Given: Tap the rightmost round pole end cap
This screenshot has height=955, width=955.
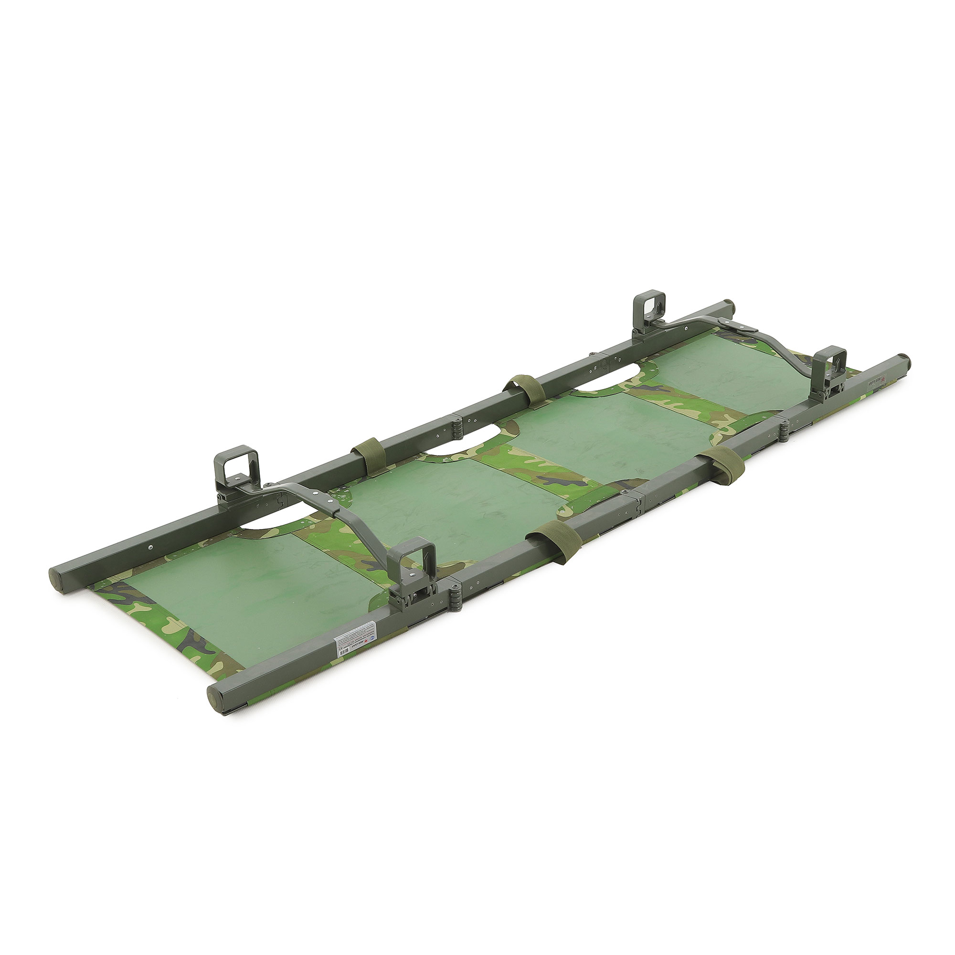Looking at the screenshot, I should pos(903,357).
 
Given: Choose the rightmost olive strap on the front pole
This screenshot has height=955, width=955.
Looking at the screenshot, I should pos(721,466).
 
